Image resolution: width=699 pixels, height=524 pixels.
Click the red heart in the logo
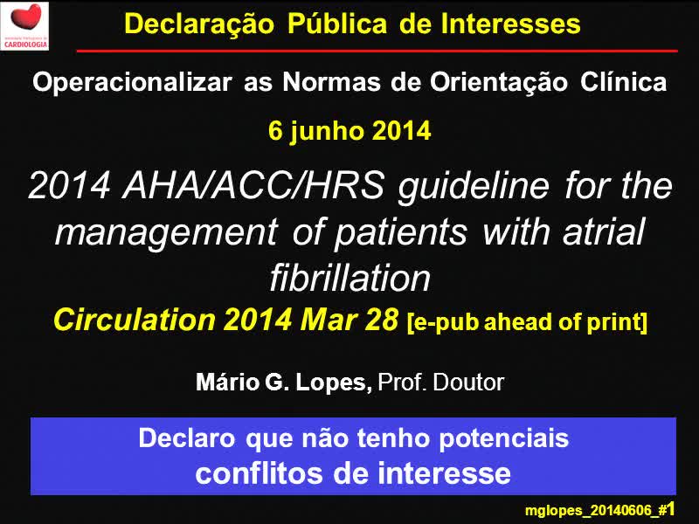pos(26,17)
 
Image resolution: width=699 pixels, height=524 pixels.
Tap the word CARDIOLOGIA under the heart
pos(25,45)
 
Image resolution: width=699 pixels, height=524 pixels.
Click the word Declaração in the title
pos(199,24)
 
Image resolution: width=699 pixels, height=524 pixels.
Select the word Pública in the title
pos(337,24)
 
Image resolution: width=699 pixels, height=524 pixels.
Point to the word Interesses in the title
pos(510,24)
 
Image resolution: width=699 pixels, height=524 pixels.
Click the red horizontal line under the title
pos(377,52)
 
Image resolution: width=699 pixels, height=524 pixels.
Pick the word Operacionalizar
pos(132,82)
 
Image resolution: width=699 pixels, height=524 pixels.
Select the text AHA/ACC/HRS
pos(253,185)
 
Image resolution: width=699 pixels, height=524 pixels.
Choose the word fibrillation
pos(350,278)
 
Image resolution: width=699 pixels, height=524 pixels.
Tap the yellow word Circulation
pos(135,320)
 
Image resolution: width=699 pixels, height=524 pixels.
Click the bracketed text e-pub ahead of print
pos(527,322)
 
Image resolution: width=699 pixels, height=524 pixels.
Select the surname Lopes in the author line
pos(334,383)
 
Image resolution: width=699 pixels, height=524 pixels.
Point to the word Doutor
pos(468,383)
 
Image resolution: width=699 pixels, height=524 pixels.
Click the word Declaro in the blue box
pos(186,438)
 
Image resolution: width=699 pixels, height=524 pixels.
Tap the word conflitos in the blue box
pos(259,473)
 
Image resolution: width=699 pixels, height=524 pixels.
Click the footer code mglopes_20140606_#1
pos(600,510)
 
